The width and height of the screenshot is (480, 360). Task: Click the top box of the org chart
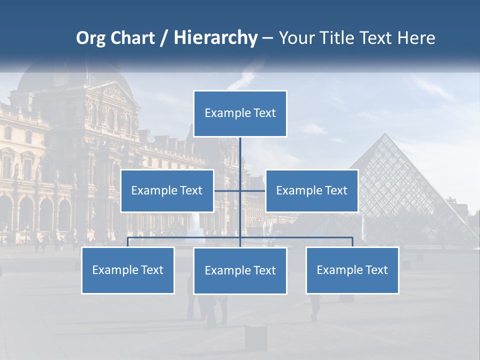click(240, 113)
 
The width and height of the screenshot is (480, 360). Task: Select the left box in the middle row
click(167, 190)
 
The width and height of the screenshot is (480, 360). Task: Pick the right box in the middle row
click(311, 190)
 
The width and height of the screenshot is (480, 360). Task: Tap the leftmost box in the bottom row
click(128, 270)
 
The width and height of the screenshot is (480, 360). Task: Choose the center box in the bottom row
click(240, 270)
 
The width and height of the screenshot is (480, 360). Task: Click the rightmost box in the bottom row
click(352, 270)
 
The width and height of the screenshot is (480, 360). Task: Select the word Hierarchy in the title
click(215, 38)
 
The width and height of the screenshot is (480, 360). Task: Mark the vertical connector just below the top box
click(240, 152)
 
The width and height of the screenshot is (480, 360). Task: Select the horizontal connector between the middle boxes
click(240, 190)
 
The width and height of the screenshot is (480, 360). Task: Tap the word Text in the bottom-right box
click(376, 270)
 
